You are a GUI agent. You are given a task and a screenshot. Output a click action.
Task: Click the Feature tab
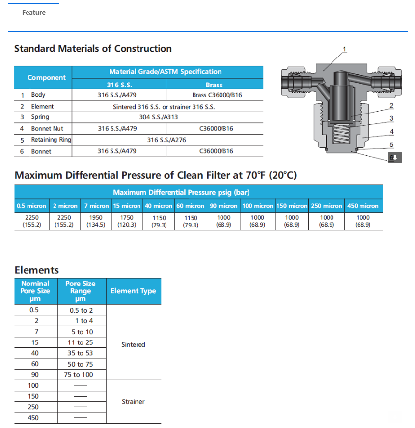33,12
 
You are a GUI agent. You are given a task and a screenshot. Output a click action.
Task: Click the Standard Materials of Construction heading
93,49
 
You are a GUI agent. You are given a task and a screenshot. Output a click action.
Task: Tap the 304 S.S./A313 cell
159,117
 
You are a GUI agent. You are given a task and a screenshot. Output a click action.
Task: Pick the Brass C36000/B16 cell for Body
214,95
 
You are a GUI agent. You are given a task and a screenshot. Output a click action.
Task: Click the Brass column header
214,85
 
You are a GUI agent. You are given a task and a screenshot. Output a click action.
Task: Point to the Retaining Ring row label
51,140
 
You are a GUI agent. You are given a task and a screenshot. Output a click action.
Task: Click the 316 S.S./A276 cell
166,140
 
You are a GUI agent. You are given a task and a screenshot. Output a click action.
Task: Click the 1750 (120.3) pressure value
127,221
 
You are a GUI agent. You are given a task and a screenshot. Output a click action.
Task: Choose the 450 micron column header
363,206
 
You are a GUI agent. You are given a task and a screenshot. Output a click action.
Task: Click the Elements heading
36,270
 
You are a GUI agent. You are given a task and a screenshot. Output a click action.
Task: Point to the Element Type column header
133,291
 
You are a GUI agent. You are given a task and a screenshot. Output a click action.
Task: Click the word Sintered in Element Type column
133,344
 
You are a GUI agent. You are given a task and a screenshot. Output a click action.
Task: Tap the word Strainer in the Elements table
133,401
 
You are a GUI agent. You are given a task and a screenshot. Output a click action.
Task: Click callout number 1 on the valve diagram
345,49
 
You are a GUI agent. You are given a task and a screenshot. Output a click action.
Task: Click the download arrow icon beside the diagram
395,157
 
